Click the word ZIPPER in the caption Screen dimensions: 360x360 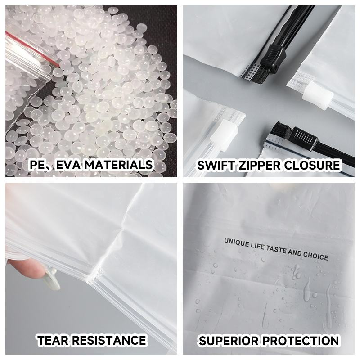coord(259,165)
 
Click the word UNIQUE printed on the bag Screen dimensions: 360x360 coord(236,243)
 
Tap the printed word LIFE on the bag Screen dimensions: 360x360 coord(257,247)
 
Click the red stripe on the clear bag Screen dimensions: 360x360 coord(32,49)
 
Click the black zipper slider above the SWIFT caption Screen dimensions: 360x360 coord(302,138)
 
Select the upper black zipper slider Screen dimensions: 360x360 coord(273,57)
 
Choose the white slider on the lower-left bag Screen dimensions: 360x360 coord(224,135)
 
